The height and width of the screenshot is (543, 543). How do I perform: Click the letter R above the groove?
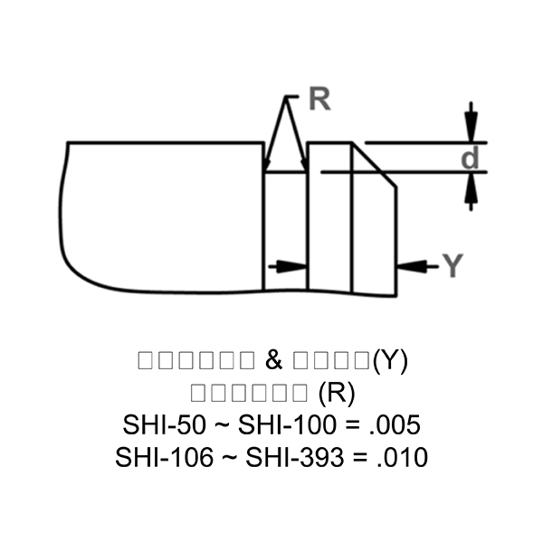coord(319,100)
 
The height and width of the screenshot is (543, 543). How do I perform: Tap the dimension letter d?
coord(470,158)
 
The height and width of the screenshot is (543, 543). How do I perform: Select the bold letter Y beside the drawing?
coord(453,265)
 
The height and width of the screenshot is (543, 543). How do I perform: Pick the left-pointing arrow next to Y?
coord(410,265)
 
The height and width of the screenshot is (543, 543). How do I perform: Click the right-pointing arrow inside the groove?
coord(294,265)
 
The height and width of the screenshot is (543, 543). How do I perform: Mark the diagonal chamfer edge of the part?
coord(375,166)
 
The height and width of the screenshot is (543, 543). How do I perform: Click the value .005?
coord(397,424)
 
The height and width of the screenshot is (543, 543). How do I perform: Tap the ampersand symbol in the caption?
coord(274,360)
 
